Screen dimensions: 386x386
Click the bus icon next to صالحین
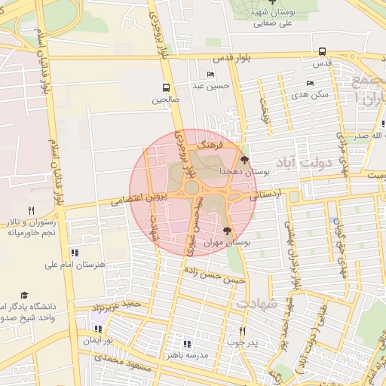pos(166,87)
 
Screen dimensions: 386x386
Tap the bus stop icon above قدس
pos(323,52)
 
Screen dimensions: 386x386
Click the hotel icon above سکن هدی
pos(310,84)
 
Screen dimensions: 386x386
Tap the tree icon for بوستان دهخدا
pos(244,159)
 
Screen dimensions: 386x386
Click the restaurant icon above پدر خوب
pos(242,331)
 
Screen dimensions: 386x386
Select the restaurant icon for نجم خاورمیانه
pos(31,210)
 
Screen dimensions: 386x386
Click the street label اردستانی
pos(265,195)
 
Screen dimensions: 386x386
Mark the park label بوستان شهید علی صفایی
pos(272,18)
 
